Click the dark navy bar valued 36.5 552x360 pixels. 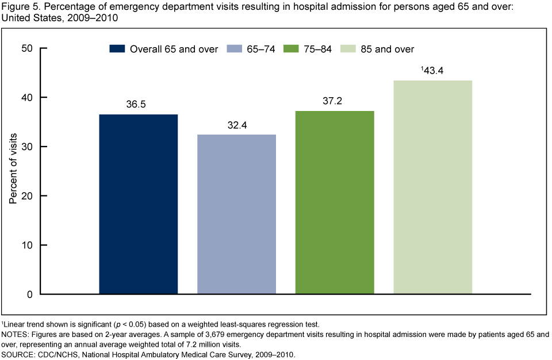tap(138, 204)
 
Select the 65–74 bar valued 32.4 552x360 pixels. tap(236, 214)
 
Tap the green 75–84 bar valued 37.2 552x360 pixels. tap(335, 202)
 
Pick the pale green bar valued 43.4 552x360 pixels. tap(432, 187)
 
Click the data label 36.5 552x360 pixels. tap(138, 105)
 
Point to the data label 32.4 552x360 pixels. tap(236, 125)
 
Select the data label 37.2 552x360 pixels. tap(335, 102)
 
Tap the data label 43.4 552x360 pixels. tap(434, 71)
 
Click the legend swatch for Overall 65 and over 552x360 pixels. tap(117, 49)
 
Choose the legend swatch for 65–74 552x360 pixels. tap(233, 49)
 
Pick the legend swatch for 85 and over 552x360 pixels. tap(349, 49)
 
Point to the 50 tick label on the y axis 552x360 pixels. tap(26, 48)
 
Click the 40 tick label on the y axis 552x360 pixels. tap(26, 98)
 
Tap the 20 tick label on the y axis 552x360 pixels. tap(26, 196)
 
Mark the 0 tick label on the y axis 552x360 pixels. tap(29, 294)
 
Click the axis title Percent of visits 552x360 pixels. tap(13, 168)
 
